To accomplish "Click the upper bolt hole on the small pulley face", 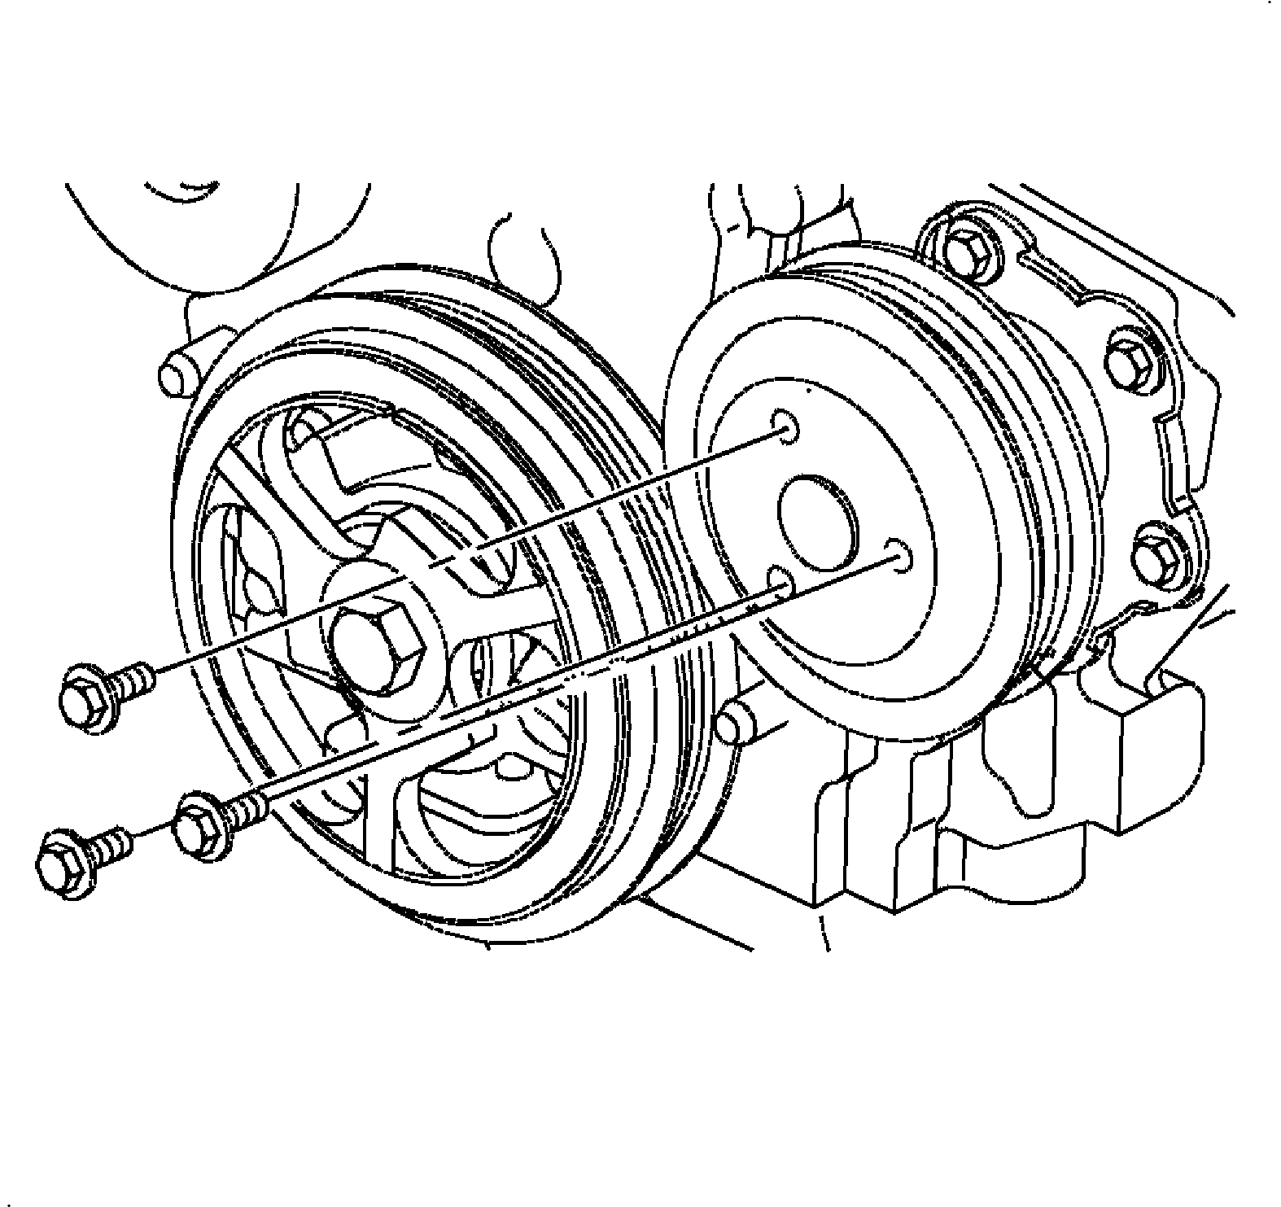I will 785,426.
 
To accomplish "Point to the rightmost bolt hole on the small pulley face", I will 898,555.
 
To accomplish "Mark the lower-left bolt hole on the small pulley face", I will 780,582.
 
